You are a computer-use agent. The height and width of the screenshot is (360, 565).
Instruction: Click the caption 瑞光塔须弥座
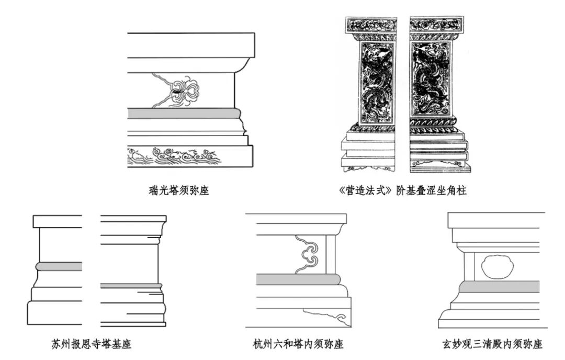tap(178, 191)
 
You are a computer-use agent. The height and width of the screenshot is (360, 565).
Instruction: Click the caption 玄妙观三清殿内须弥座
tap(492, 344)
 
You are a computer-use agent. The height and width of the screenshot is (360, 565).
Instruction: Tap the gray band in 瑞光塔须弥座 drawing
tap(183, 114)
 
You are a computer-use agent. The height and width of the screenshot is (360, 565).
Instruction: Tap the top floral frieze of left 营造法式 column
tap(375, 24)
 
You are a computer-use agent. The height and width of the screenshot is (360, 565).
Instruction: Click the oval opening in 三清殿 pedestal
tap(493, 267)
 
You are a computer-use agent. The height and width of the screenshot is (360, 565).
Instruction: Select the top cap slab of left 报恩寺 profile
tap(57, 221)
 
